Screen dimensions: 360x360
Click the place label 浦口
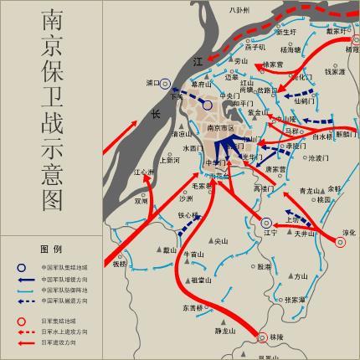[x=153, y=84]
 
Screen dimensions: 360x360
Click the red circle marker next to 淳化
[x=341, y=243]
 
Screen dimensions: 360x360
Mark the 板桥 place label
[x=121, y=264]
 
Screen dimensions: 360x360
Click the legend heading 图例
[x=50, y=249]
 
